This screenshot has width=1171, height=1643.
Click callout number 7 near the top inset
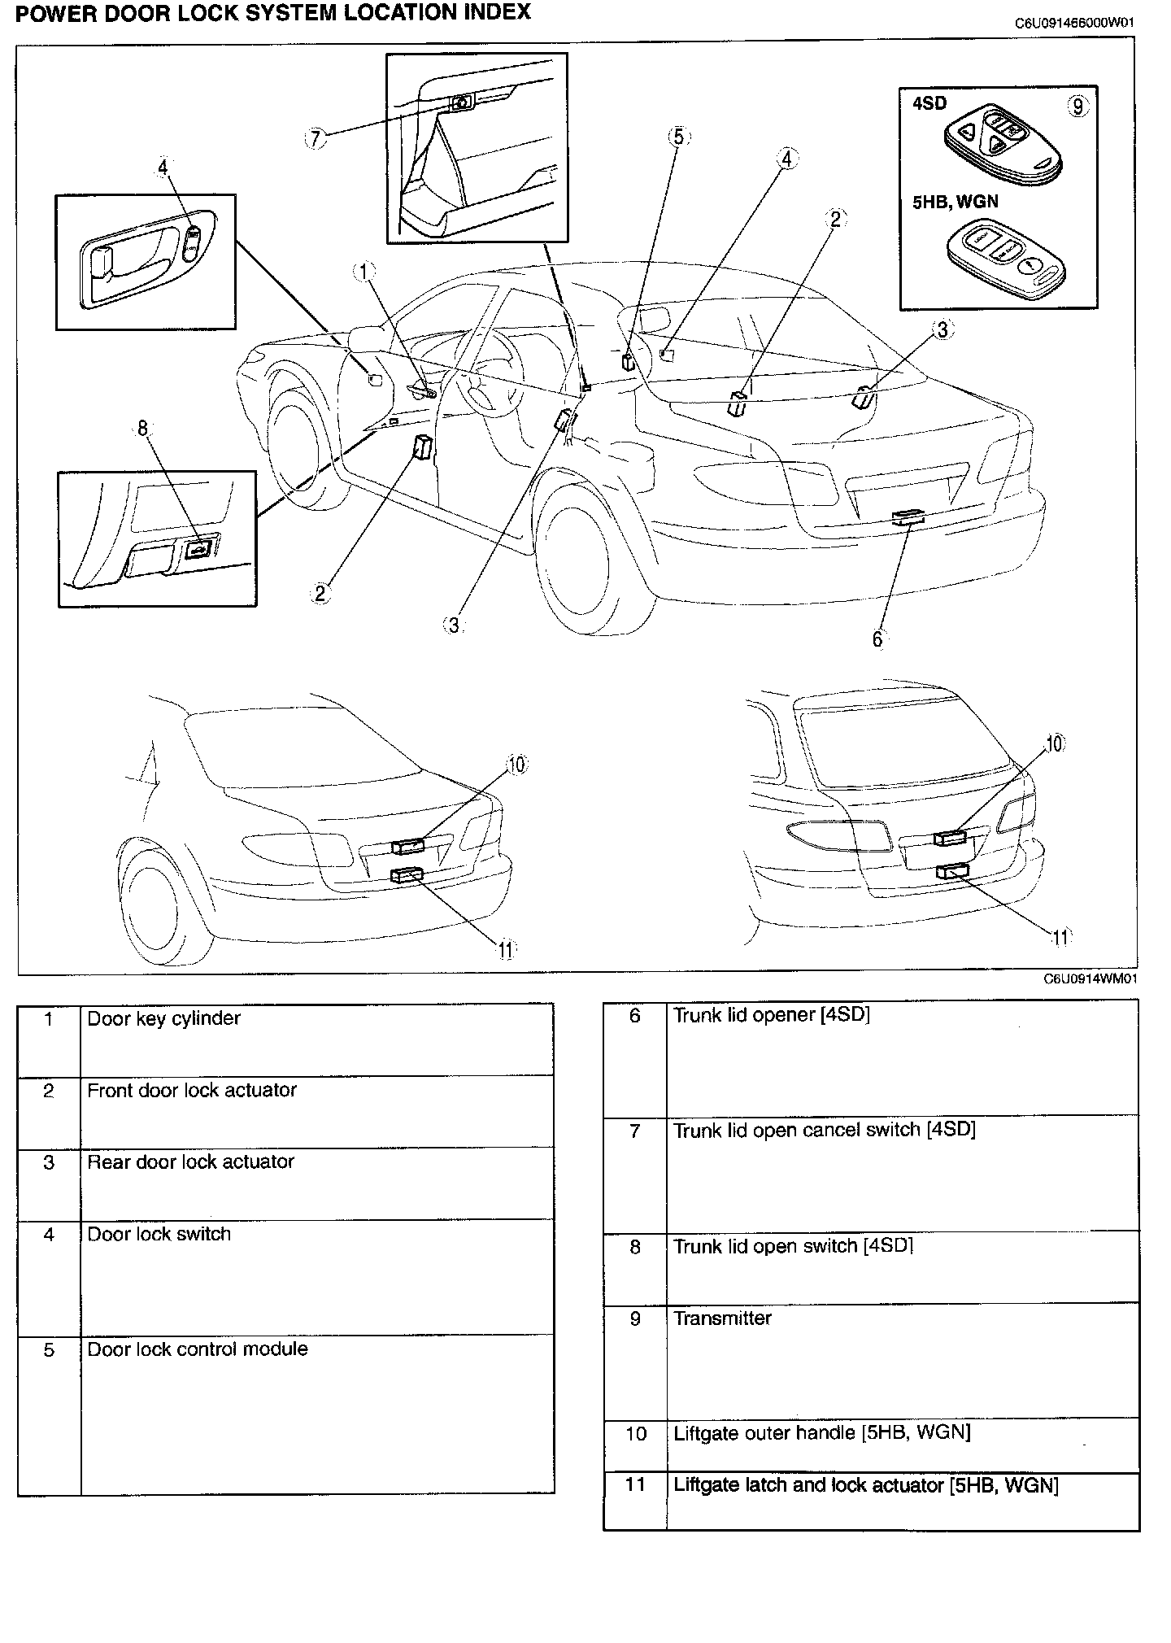coord(316,139)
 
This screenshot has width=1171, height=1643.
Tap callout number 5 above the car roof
coord(679,137)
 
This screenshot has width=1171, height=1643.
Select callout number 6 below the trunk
coord(877,639)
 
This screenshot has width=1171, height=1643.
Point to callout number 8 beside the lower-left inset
coord(143,428)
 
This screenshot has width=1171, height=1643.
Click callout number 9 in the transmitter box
coord(1077,107)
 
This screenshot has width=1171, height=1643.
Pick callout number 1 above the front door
coord(364,272)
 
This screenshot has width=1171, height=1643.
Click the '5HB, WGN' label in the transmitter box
coord(955,202)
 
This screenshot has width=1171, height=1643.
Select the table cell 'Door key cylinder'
coord(163,1018)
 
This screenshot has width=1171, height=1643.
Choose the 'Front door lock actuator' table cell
coord(192,1090)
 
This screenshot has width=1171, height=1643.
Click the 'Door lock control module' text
coord(198,1349)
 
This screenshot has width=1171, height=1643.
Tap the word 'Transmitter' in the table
coord(722,1318)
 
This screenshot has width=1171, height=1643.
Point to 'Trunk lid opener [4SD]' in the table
coord(771,1015)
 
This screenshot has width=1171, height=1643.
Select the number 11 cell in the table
coord(635,1484)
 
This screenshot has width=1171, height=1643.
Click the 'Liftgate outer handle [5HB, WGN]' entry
coord(821,1432)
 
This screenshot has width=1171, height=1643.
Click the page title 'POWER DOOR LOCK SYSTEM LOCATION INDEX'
coord(273,13)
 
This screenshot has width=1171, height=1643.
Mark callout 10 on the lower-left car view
coord(516,765)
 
